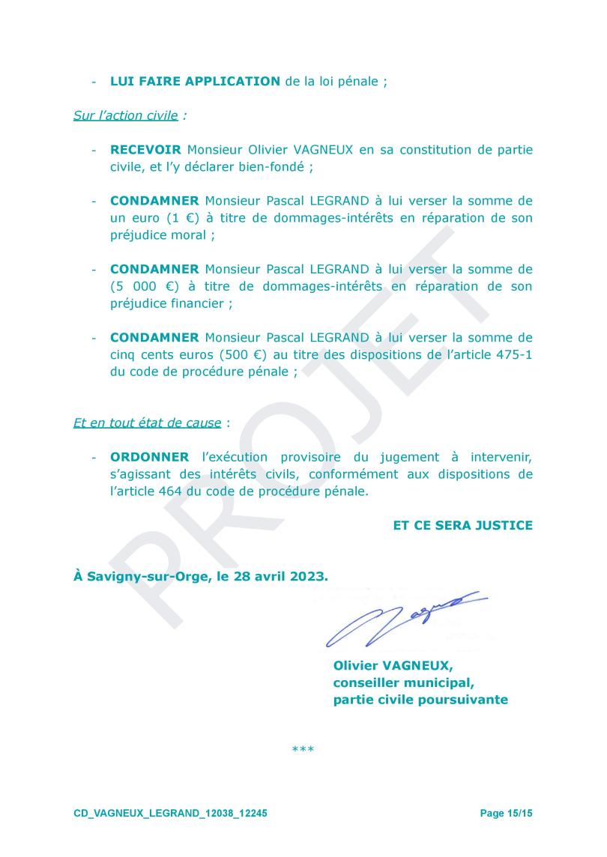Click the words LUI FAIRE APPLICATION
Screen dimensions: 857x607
195,81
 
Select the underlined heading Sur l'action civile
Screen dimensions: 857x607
125,115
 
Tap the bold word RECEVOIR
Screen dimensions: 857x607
145,150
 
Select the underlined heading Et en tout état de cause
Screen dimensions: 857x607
147,423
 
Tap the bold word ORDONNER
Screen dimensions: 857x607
150,457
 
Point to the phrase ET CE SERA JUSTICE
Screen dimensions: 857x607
462,526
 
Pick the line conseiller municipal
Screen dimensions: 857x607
403,683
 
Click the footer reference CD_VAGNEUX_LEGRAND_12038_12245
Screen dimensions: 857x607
170,814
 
